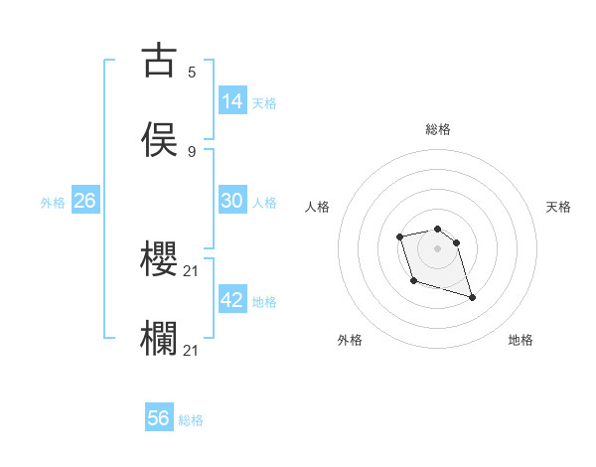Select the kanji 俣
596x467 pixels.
tap(159, 139)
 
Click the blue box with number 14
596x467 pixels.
tap(232, 101)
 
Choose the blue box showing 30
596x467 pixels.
tap(232, 201)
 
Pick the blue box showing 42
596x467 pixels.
tap(232, 300)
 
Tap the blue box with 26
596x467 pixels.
tap(84, 201)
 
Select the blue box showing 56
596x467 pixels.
tap(159, 418)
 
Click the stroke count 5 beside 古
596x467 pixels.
tap(192, 72)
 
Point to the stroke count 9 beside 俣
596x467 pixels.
tap(192, 151)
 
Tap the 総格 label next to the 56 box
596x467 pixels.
tap(191, 420)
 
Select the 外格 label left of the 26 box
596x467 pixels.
tap(53, 203)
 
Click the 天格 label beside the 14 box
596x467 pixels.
tap(264, 103)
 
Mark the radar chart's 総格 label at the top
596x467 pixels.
tap(438, 129)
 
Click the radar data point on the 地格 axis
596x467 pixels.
tap(472, 297)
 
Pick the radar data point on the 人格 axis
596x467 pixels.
tap(399, 236)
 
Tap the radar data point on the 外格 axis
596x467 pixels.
tap(413, 281)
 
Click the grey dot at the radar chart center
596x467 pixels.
tap(438, 247)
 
